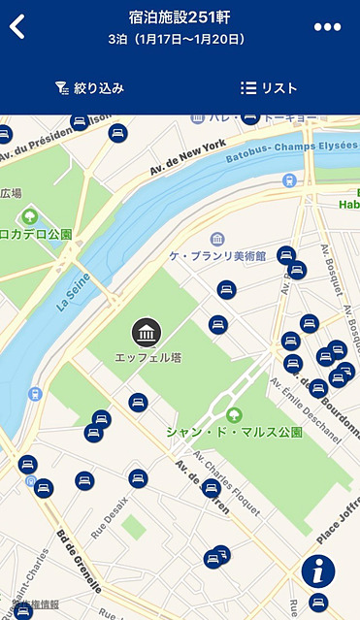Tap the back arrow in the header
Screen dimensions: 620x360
(17, 26)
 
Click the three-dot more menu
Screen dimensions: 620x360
(327, 26)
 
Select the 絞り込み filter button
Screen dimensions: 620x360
(89, 88)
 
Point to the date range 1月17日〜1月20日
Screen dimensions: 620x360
(189, 40)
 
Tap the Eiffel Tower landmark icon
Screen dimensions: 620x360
(147, 333)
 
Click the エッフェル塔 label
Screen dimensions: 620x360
(148, 358)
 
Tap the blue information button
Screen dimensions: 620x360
(317, 571)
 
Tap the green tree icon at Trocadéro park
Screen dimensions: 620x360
(30, 214)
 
